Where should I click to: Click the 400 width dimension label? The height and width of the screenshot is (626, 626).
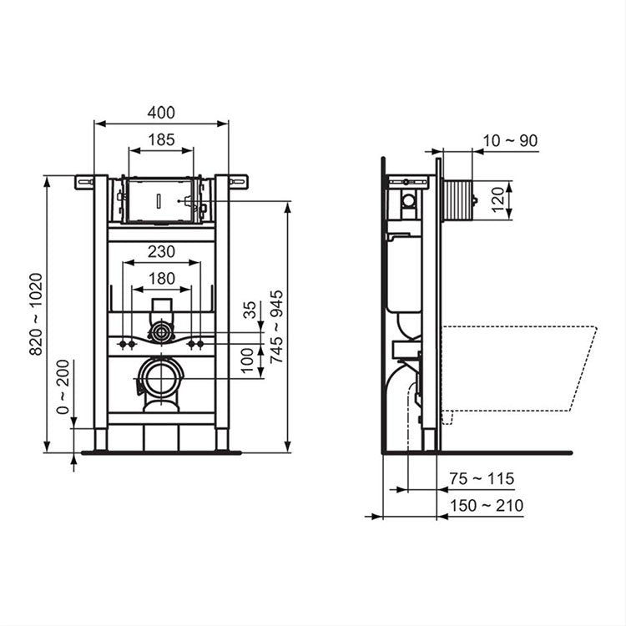pyautogui.click(x=161, y=111)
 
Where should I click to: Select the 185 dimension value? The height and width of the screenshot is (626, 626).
pyautogui.click(x=161, y=140)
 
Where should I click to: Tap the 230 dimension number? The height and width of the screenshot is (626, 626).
pyautogui.click(x=161, y=250)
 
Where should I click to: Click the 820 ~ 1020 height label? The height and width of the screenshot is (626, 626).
pyautogui.click(x=36, y=314)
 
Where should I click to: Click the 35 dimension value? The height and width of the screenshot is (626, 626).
pyautogui.click(x=248, y=311)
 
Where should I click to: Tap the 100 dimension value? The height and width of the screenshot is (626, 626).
pyautogui.click(x=248, y=361)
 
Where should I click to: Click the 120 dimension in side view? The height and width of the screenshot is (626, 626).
pyautogui.click(x=499, y=200)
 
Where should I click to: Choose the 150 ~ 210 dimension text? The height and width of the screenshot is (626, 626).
pyautogui.click(x=484, y=505)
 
